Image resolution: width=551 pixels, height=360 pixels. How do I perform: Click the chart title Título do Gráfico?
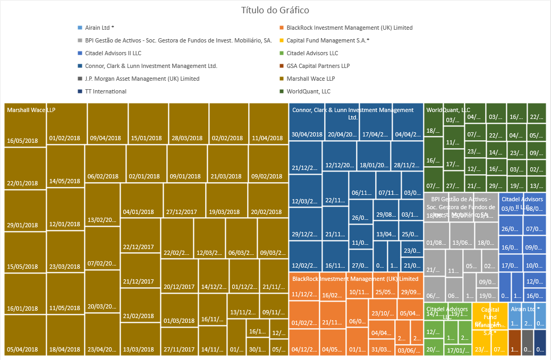[275, 10]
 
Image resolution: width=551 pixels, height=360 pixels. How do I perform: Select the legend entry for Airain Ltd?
[99, 28]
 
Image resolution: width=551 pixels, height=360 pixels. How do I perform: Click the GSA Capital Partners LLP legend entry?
[318, 66]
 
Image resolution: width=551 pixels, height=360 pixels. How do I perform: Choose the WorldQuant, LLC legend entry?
[308, 91]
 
